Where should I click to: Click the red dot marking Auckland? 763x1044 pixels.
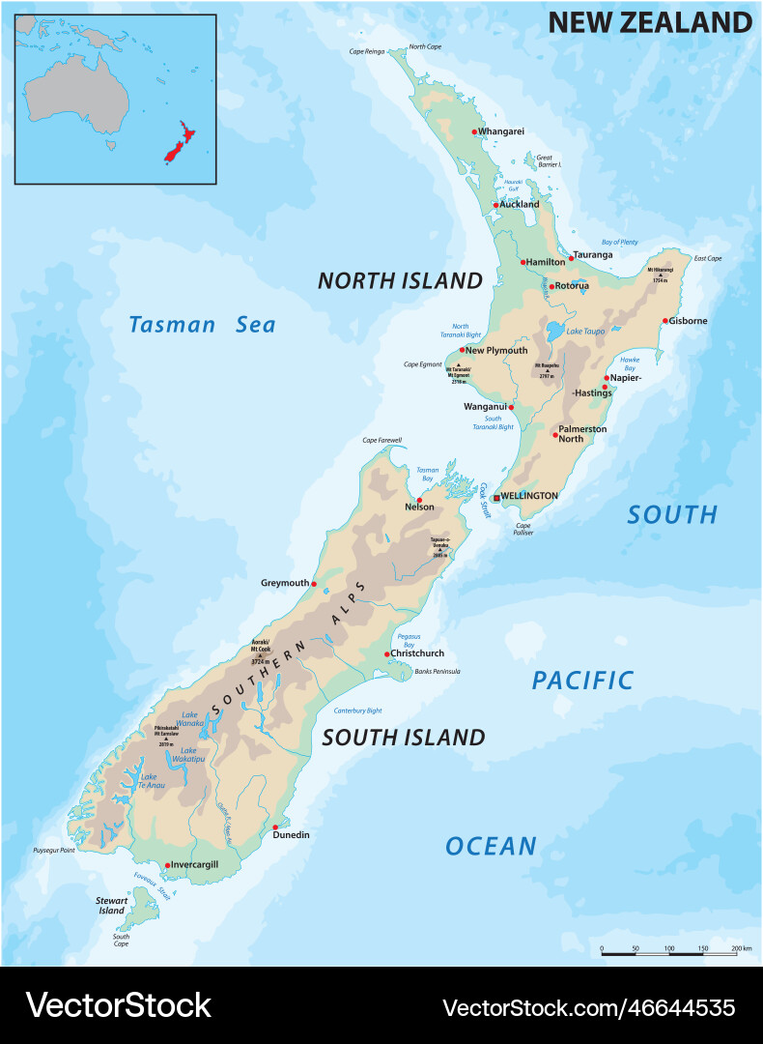pyautogui.click(x=495, y=205)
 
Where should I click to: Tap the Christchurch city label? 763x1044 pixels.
pyautogui.click(x=417, y=653)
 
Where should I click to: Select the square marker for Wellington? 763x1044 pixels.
pyautogui.click(x=496, y=497)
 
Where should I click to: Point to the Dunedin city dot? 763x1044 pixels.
pyautogui.click(x=275, y=826)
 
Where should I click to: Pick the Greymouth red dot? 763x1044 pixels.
pyautogui.click(x=314, y=584)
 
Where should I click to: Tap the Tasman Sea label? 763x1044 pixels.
pyautogui.click(x=203, y=325)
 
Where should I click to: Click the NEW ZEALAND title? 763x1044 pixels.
pyautogui.click(x=650, y=23)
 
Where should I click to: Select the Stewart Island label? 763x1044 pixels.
pyautogui.click(x=111, y=905)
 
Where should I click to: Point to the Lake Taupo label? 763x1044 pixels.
pyautogui.click(x=585, y=332)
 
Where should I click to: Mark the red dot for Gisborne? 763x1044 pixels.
pyautogui.click(x=665, y=321)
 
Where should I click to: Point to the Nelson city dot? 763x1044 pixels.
pyautogui.click(x=419, y=500)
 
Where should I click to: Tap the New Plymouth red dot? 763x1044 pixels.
pyautogui.click(x=463, y=350)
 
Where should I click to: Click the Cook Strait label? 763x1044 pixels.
pyautogui.click(x=485, y=501)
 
